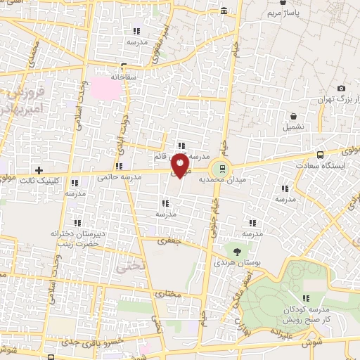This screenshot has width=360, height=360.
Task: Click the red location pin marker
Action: point(182,167)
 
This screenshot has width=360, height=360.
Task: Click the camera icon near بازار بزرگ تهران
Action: point(341,88)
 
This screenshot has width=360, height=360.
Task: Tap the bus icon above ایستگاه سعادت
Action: point(321,155)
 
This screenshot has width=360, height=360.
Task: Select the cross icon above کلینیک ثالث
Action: point(39,170)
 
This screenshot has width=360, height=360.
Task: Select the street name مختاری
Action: point(169,294)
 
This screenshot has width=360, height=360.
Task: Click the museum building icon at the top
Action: point(224,11)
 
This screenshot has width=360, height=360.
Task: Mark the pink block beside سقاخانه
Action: point(104,88)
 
